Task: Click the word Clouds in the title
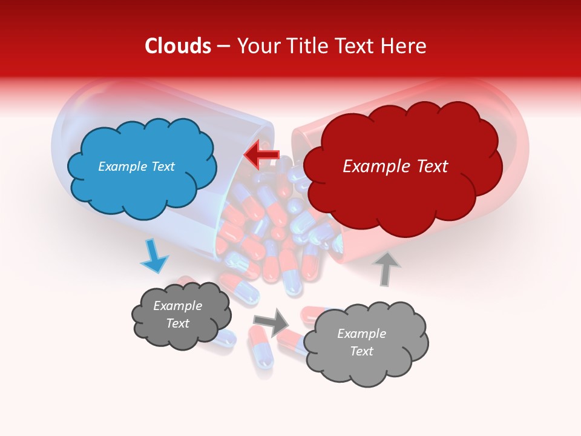[178, 46]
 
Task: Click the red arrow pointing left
[261, 155]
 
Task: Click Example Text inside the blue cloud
[136, 167]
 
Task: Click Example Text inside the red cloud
[395, 167]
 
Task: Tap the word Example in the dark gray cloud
[177, 306]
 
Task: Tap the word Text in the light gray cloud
[361, 351]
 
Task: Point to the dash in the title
[223, 47]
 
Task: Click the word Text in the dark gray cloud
[177, 323]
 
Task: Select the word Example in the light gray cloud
[361, 334]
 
